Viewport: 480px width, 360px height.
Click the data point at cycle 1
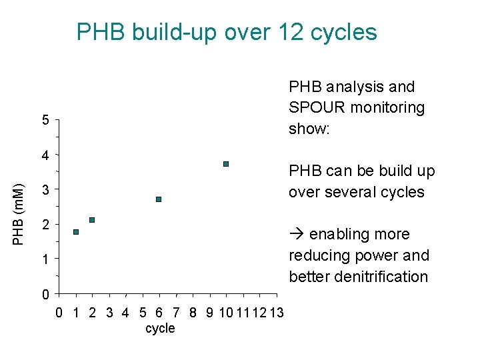coord(76,232)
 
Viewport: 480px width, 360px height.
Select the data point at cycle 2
coord(92,220)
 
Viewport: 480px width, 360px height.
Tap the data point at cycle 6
coord(159,199)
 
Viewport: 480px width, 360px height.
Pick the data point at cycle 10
coord(226,164)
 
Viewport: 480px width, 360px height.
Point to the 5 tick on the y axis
coord(45,121)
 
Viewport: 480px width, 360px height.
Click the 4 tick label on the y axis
coord(45,155)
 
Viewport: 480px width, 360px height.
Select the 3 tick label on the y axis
coord(45,190)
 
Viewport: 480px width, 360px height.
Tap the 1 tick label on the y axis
coord(45,259)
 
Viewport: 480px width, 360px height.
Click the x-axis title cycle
coord(160,328)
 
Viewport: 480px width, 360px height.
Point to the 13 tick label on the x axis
coord(276,312)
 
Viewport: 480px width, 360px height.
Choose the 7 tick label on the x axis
coord(176,312)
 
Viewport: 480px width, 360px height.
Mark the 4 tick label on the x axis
coord(126,312)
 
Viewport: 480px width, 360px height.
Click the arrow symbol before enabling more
coord(297,235)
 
